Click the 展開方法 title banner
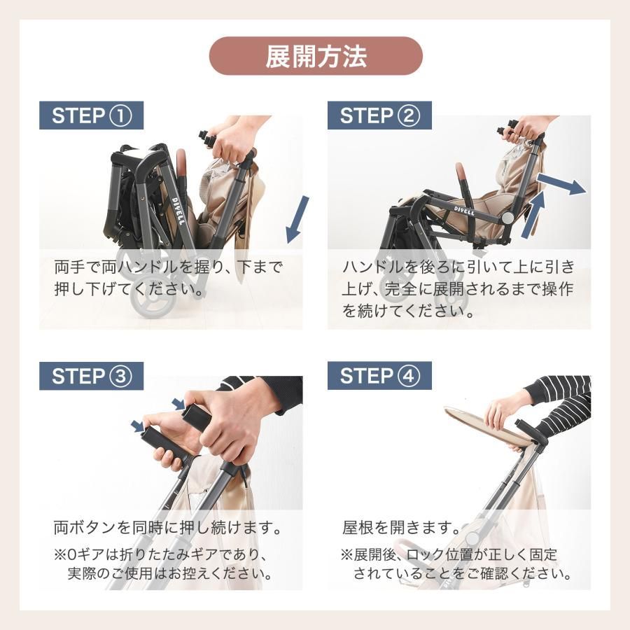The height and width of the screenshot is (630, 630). point(316,56)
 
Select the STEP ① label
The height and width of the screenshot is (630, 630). point(91,115)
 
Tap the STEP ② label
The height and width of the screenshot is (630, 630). point(379,115)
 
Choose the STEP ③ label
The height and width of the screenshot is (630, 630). point(91,376)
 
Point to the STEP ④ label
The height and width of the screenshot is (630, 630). point(379,376)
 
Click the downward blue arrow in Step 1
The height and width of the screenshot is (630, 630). point(298,219)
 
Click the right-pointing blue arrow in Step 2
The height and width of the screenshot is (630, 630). point(565,185)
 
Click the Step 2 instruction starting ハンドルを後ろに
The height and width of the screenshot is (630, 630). point(458,288)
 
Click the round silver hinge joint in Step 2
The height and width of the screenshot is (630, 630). point(506,218)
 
